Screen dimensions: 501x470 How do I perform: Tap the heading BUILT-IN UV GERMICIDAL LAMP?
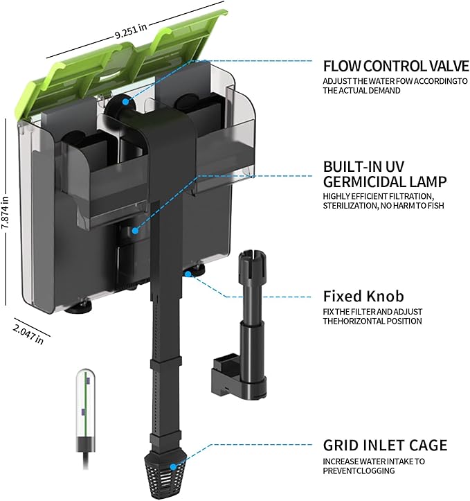385,175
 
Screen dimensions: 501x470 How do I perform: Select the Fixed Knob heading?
364,297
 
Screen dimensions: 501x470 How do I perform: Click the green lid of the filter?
125,62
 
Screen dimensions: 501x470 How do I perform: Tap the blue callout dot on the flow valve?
126,102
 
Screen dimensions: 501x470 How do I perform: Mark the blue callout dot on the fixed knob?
187,274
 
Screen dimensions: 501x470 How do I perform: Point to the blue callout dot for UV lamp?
135,229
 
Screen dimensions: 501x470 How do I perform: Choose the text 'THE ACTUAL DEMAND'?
362,91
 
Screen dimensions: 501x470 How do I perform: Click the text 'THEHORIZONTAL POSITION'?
372,321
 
